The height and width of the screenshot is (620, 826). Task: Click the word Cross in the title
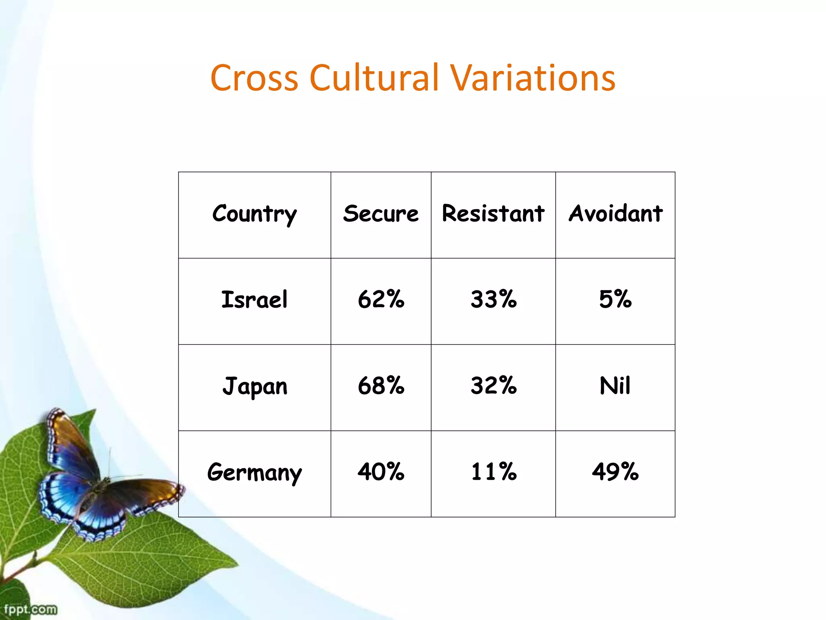pyautogui.click(x=254, y=78)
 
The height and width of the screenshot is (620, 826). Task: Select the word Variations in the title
pyautogui.click(x=533, y=78)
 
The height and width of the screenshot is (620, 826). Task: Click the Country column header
pyautogui.click(x=254, y=214)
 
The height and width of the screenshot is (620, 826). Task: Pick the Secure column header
pyautogui.click(x=381, y=214)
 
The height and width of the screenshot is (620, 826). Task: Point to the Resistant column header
pyautogui.click(x=493, y=214)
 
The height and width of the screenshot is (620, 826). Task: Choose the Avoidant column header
pyautogui.click(x=615, y=214)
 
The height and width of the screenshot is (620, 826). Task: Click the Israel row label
pyautogui.click(x=254, y=300)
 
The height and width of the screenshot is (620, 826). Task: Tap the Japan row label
pyautogui.click(x=254, y=386)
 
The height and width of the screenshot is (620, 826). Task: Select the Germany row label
pyautogui.click(x=254, y=472)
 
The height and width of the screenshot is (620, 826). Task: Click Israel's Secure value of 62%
pyautogui.click(x=381, y=300)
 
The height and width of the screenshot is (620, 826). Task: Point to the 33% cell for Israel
pyautogui.click(x=493, y=300)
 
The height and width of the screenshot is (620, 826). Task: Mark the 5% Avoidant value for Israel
pyautogui.click(x=615, y=300)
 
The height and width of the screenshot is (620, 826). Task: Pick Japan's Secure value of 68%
pyautogui.click(x=381, y=386)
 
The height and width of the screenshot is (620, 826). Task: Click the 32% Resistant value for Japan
pyautogui.click(x=493, y=386)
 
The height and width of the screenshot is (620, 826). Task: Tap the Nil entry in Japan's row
pyautogui.click(x=615, y=386)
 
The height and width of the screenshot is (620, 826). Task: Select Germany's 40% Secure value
pyautogui.click(x=381, y=472)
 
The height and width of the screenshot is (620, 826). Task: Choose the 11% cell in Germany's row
pyautogui.click(x=493, y=472)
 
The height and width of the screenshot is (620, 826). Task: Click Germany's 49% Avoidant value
pyautogui.click(x=615, y=472)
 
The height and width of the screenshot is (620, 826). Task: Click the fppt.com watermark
pyautogui.click(x=30, y=609)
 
